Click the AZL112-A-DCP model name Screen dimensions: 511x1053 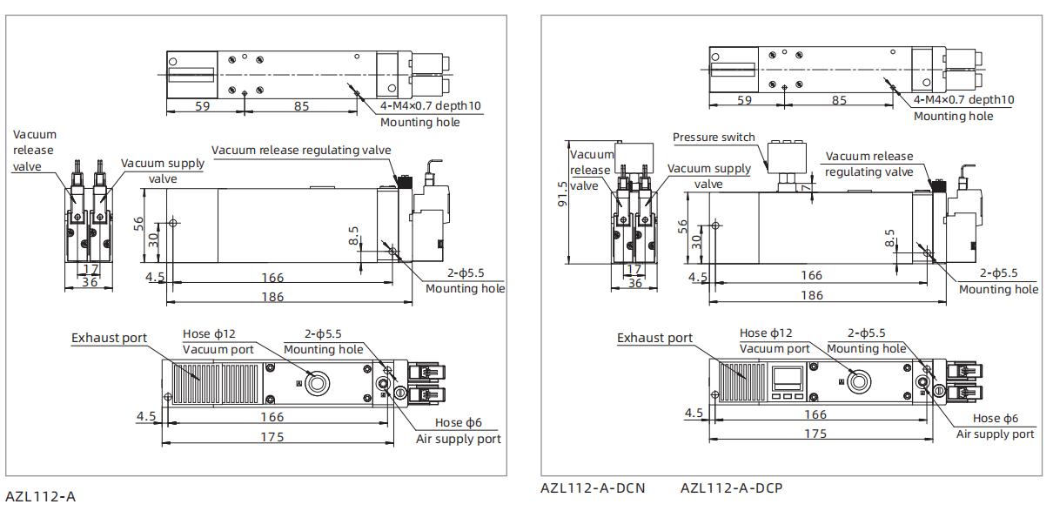[x=725, y=487]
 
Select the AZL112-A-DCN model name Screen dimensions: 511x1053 [x=593, y=487]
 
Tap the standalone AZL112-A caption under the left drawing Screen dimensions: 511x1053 [x=40, y=496]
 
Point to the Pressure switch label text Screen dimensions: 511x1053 [x=714, y=138]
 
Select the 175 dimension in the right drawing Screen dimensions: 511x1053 [x=815, y=434]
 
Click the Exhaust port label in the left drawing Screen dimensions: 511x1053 [x=110, y=338]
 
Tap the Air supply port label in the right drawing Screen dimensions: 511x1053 [x=996, y=434]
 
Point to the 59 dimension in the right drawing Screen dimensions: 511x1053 [x=744, y=100]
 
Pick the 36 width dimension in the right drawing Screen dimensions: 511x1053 [x=634, y=283]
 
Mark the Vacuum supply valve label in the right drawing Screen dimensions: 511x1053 [x=707, y=175]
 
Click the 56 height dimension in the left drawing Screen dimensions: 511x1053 [x=137, y=223]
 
